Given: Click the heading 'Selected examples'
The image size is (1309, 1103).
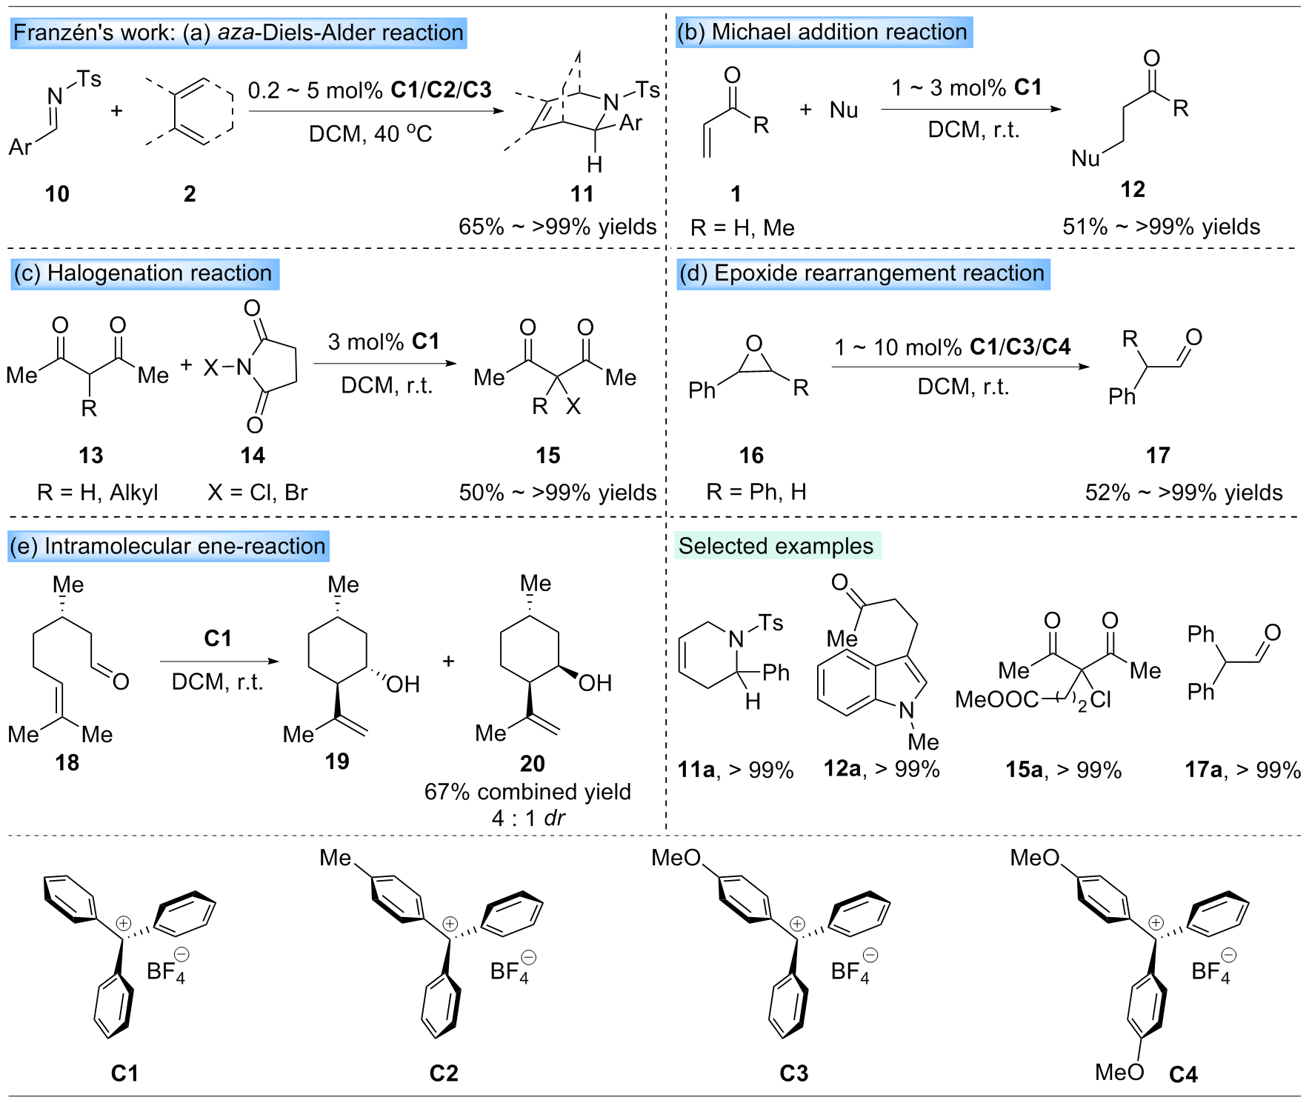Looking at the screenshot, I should click(776, 546).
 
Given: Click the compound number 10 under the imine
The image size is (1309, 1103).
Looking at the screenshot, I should click(57, 194).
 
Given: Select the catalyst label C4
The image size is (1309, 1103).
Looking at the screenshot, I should click(1183, 1074).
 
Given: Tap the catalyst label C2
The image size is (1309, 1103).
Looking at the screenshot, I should click(444, 1073).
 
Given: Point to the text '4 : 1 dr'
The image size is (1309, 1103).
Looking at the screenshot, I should click(527, 818).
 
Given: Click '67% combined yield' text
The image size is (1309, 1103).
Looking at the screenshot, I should click(527, 791).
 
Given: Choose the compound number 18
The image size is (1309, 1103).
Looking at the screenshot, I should click(67, 762).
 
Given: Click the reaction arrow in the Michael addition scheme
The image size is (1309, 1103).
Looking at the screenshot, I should click(970, 109).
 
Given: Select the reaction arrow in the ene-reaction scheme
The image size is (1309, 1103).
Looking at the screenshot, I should click(219, 661).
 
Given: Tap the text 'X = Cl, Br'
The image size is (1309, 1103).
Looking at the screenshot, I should click(257, 492).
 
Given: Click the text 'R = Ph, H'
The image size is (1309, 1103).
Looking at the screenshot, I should click(756, 491).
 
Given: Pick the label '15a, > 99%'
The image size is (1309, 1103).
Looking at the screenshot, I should click(1063, 770).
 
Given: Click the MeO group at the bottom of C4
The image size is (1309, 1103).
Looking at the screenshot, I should click(1119, 1072).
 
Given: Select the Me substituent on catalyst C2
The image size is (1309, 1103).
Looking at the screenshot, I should click(335, 858).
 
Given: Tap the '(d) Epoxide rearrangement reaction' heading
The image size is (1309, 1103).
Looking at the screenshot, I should click(862, 273).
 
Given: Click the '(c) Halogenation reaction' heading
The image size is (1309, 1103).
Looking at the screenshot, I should click(144, 273).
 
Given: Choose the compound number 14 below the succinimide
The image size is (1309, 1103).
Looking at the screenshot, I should click(253, 455).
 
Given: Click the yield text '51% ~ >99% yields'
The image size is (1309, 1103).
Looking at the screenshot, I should click(1161, 226).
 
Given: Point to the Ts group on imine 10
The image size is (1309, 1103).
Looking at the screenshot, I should click(89, 79).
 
